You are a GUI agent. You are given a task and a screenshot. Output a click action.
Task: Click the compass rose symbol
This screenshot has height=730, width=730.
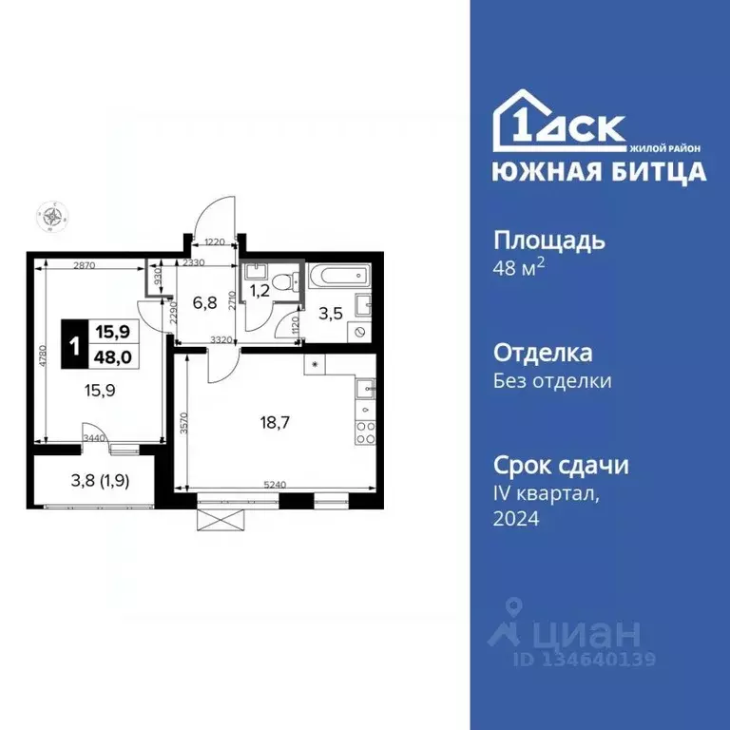50,217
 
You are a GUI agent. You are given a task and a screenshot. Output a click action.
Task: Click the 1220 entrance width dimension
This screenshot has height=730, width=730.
214,243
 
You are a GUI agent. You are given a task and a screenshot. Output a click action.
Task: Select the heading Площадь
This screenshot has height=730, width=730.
549,240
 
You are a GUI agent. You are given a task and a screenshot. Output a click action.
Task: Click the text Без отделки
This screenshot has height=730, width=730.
552,382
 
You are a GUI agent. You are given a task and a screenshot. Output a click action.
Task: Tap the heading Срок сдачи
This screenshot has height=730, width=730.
561,466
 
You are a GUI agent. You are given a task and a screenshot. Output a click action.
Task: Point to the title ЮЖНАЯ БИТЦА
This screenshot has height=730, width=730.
599,172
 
